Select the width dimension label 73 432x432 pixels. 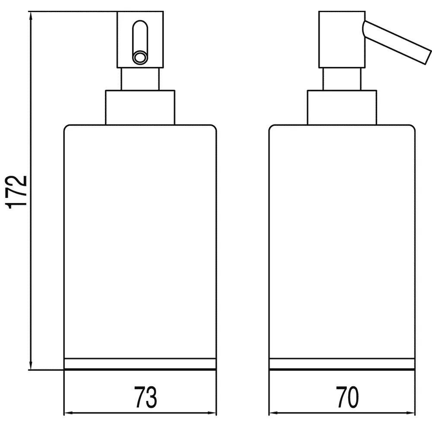click(145, 398)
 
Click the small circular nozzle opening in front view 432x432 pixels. click(140, 57)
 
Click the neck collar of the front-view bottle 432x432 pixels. click(140, 108)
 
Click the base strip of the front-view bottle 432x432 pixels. click(140, 364)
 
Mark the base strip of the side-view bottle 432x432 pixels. click(341, 364)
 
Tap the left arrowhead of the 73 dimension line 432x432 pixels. click(67, 413)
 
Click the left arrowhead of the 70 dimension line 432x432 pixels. click(272, 413)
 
